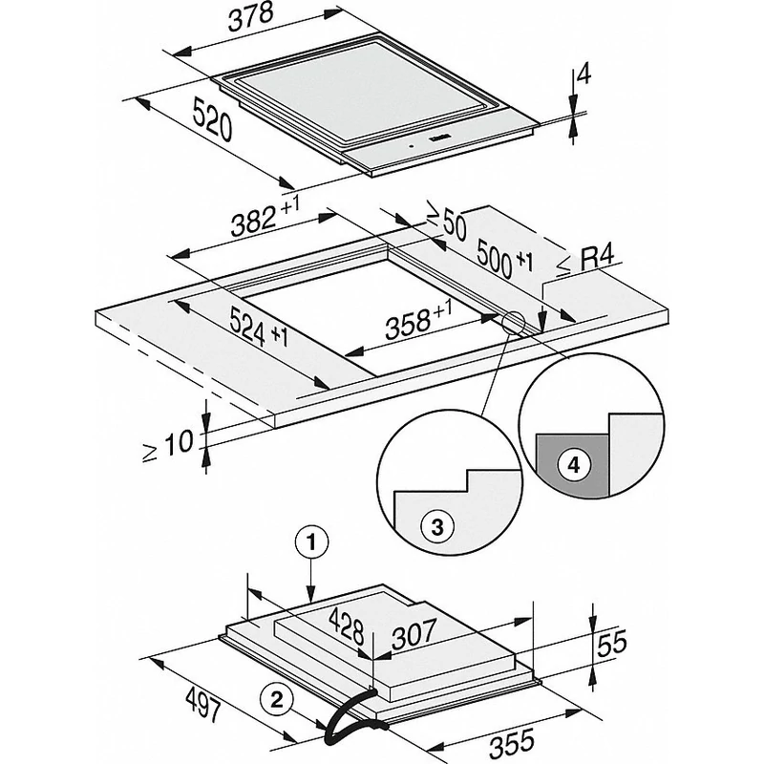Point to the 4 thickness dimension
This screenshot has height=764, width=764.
click(x=583, y=75)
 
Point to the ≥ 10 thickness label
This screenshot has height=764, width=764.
click(x=169, y=446)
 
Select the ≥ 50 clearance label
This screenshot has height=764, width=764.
click(x=446, y=220)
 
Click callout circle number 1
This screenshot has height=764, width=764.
click(x=312, y=541)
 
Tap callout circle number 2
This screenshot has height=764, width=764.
click(x=276, y=701)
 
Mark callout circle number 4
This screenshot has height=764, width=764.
click(x=574, y=465)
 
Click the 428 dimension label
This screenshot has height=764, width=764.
click(x=347, y=626)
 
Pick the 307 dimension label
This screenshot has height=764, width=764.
click(x=414, y=634)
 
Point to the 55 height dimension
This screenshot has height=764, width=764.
click(x=611, y=643)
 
